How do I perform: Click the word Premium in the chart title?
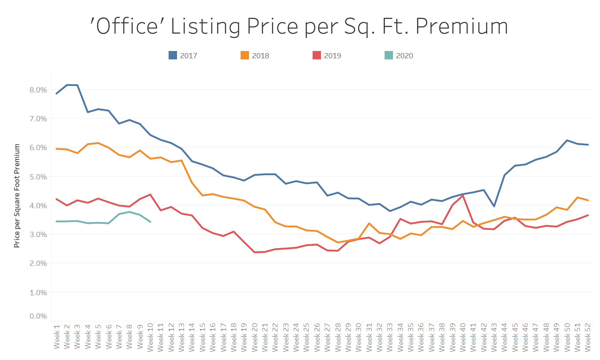pyautogui.click(x=462, y=26)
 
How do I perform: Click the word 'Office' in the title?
pyautogui.click(x=124, y=26)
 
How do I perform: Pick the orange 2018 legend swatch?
pyautogui.click(x=244, y=55)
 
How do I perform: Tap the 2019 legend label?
pyautogui.click(x=332, y=56)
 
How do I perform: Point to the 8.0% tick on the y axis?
pyautogui.click(x=38, y=90)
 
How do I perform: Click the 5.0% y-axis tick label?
pyautogui.click(x=38, y=177)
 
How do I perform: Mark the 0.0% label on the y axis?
pyautogui.click(x=38, y=316)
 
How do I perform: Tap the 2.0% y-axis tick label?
pyautogui.click(x=38, y=263)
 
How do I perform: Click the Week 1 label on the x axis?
pyautogui.click(x=57, y=336)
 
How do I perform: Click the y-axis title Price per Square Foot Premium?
pyautogui.click(x=17, y=196)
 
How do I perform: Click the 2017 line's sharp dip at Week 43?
pyautogui.click(x=494, y=206)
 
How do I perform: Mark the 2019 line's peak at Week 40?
pyautogui.click(x=463, y=196)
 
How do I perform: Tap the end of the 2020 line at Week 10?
pyautogui.click(x=150, y=222)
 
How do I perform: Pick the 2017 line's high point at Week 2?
pyautogui.click(x=67, y=85)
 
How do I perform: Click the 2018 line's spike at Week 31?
pyautogui.click(x=369, y=223)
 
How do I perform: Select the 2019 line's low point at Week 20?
pyautogui.click(x=254, y=252)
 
